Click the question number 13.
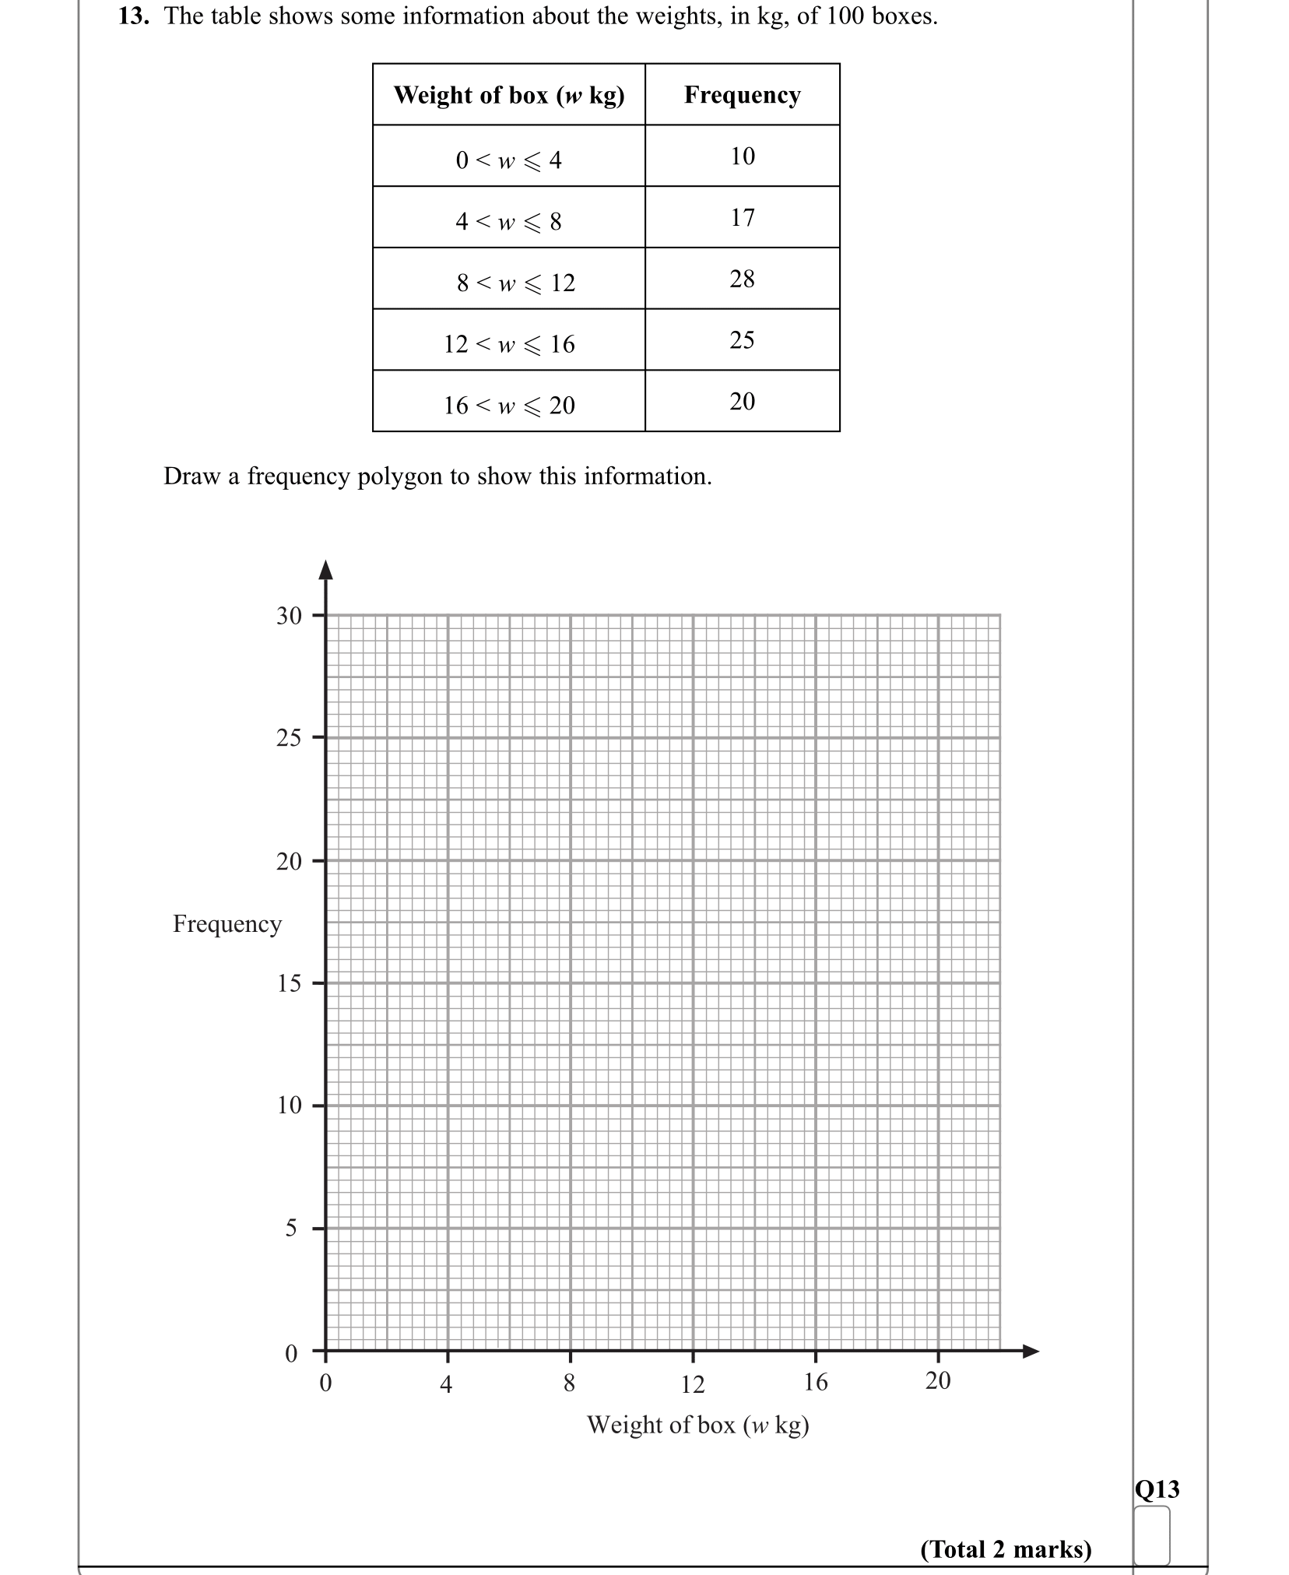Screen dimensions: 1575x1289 pos(133,16)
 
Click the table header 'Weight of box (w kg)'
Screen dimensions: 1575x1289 pos(509,95)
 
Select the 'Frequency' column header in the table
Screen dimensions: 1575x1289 pos(742,95)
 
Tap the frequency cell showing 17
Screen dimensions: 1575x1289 pos(742,217)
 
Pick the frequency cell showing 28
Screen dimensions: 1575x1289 pos(742,279)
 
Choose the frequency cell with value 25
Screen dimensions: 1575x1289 pos(742,339)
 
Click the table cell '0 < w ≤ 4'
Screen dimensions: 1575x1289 pos(509,160)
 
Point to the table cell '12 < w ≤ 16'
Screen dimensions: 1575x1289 pos(509,344)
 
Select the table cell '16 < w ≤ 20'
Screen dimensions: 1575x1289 pos(509,406)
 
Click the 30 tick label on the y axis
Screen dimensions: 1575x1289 pos(289,616)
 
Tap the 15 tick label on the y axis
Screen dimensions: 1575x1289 pos(289,983)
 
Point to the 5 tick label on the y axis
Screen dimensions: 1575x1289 pos(291,1228)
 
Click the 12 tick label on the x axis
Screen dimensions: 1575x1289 pos(693,1384)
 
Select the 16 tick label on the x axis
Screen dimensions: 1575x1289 pos(816,1382)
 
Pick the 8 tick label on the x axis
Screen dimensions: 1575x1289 pos(570,1383)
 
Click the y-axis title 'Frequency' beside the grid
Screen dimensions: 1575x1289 pos(227,923)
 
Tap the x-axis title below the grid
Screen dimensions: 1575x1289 pos(698,1425)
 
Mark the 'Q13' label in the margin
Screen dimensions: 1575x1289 pos(1157,1489)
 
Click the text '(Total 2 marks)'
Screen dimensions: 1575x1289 pos(1006,1549)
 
